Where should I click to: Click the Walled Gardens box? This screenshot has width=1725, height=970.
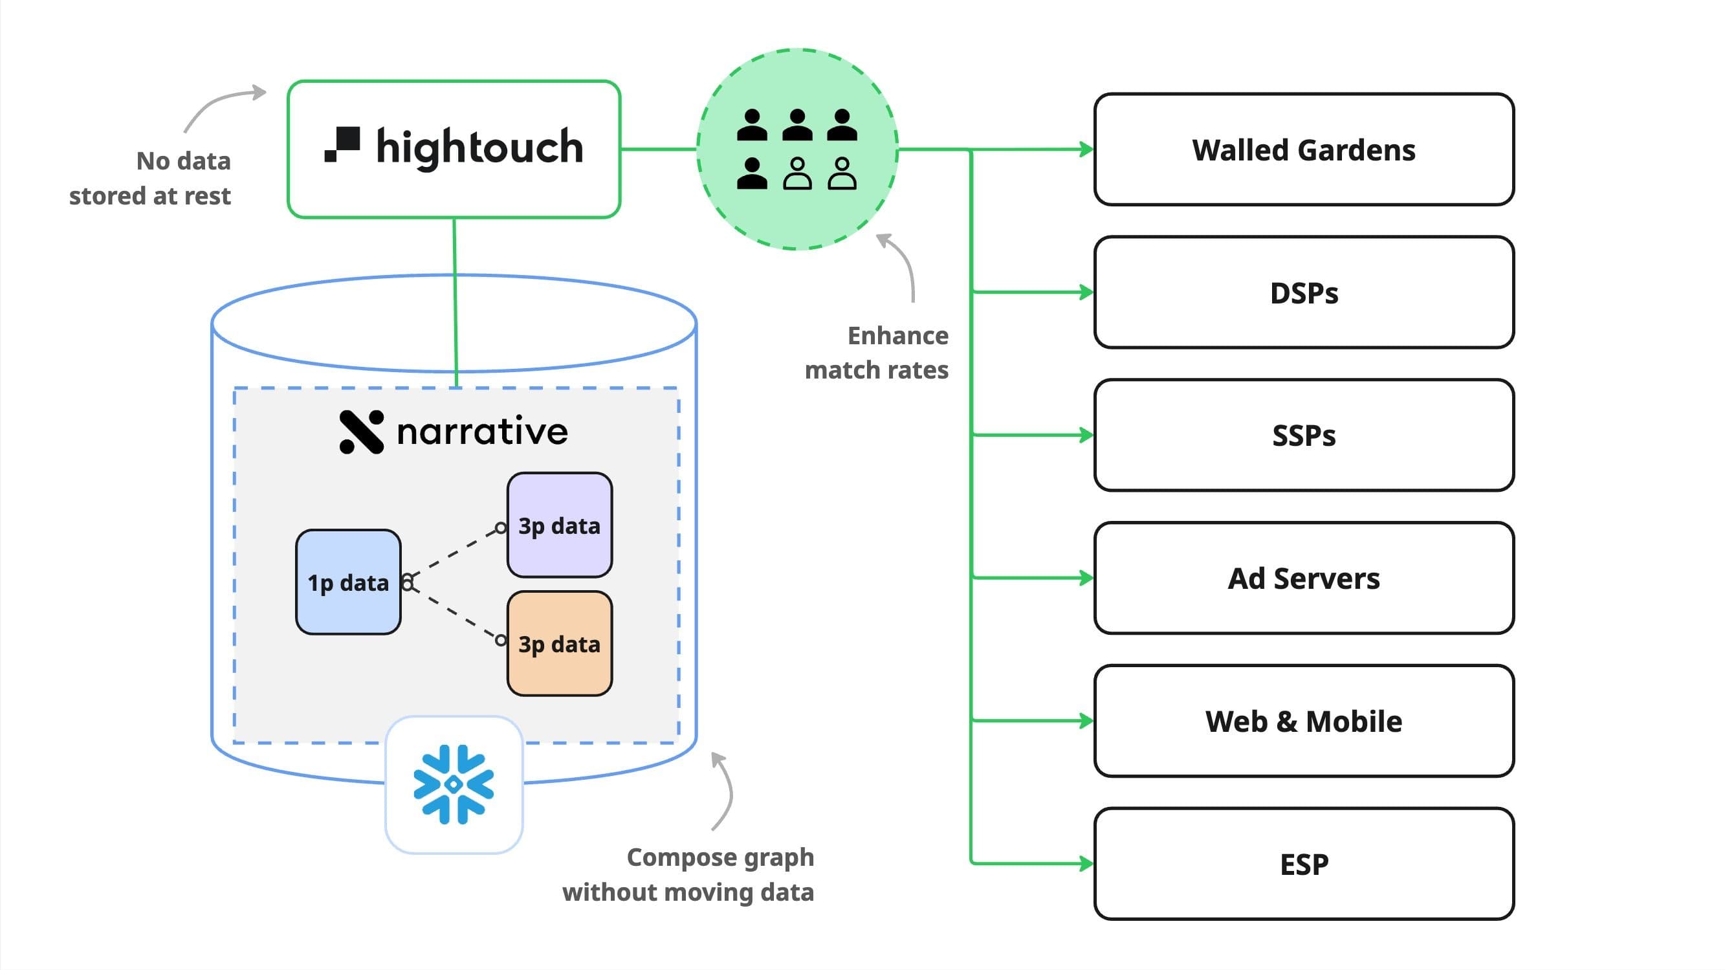[1303, 149]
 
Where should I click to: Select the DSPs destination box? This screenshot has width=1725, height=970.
[1303, 292]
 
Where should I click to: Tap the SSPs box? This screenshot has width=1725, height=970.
[1303, 435]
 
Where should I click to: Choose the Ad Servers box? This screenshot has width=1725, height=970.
[1303, 578]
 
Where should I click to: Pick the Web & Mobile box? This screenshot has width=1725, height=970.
[1303, 722]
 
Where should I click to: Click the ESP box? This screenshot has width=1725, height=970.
[1303, 864]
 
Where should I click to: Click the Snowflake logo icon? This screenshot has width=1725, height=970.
[454, 784]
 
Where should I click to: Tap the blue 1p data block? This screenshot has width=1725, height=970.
[348, 582]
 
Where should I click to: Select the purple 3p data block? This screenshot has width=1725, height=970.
[559, 525]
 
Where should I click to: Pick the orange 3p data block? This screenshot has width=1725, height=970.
[559, 644]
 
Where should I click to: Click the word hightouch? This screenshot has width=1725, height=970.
[479, 148]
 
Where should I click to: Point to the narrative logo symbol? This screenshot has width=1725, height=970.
[362, 432]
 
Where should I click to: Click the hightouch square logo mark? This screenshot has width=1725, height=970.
[342, 144]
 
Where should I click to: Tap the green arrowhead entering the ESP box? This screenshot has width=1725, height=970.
[1086, 863]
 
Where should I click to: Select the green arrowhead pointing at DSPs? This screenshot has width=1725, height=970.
[1086, 292]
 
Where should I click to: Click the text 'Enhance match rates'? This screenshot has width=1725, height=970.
[877, 353]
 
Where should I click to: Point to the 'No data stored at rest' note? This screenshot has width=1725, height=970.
[151, 178]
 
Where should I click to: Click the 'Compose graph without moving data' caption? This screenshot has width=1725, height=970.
[688, 874]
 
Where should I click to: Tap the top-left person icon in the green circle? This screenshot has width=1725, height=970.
[751, 126]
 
